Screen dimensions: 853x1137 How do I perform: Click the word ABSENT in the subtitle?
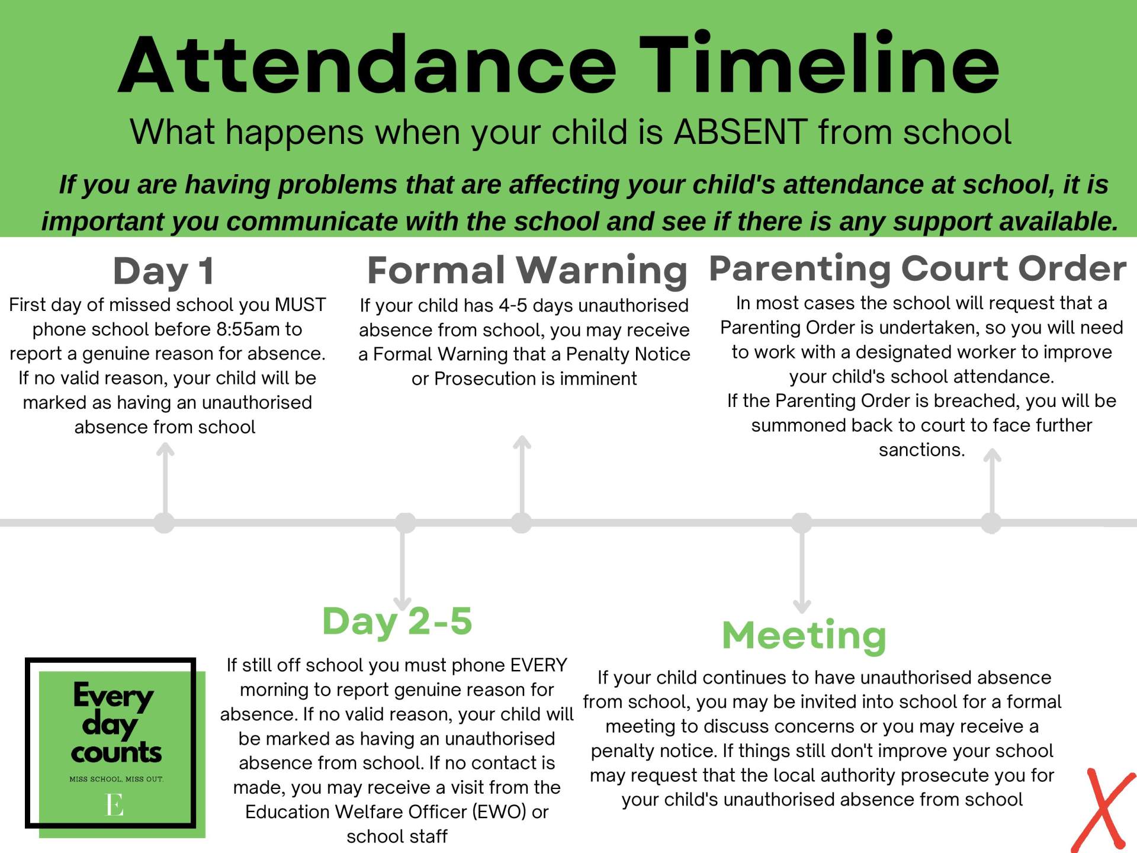(x=740, y=132)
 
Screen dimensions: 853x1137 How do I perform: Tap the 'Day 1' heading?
(x=163, y=271)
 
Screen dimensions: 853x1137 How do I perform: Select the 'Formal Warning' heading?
(x=526, y=270)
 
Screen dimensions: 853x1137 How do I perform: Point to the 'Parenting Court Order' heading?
(x=917, y=268)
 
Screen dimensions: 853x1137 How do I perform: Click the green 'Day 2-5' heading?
(x=397, y=621)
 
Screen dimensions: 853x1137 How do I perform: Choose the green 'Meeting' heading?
(x=804, y=635)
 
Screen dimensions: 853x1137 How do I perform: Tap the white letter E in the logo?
(x=114, y=805)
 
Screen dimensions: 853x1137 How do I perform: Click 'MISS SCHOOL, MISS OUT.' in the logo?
(x=116, y=779)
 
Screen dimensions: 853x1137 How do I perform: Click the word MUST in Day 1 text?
(x=300, y=305)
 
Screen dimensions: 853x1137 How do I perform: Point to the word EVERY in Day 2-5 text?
(x=539, y=665)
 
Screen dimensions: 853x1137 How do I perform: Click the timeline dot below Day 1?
(x=164, y=522)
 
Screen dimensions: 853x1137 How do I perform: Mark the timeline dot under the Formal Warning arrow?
(x=521, y=522)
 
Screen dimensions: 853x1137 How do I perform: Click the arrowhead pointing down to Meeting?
(x=802, y=607)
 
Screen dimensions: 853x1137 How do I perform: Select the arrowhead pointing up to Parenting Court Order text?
(x=992, y=456)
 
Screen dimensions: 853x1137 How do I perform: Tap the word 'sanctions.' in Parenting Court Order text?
(x=921, y=450)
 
